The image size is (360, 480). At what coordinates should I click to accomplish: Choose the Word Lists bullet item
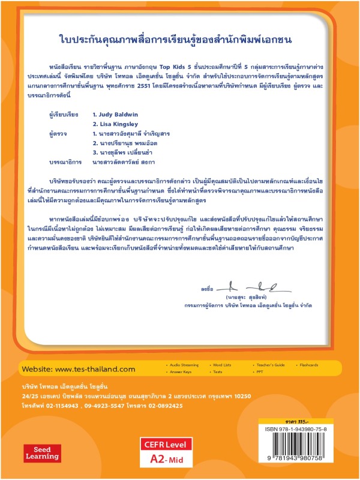[222, 365]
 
